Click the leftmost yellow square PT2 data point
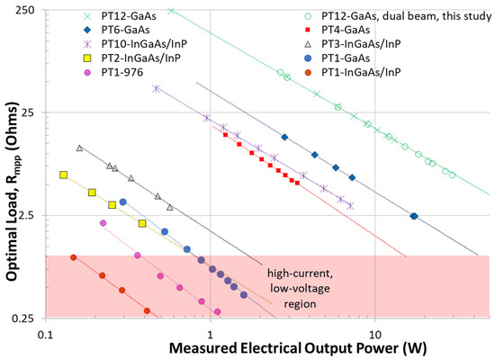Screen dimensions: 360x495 point(63,175)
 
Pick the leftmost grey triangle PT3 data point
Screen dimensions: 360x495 point(80,148)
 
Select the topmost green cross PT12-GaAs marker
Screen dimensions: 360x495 point(172,10)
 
